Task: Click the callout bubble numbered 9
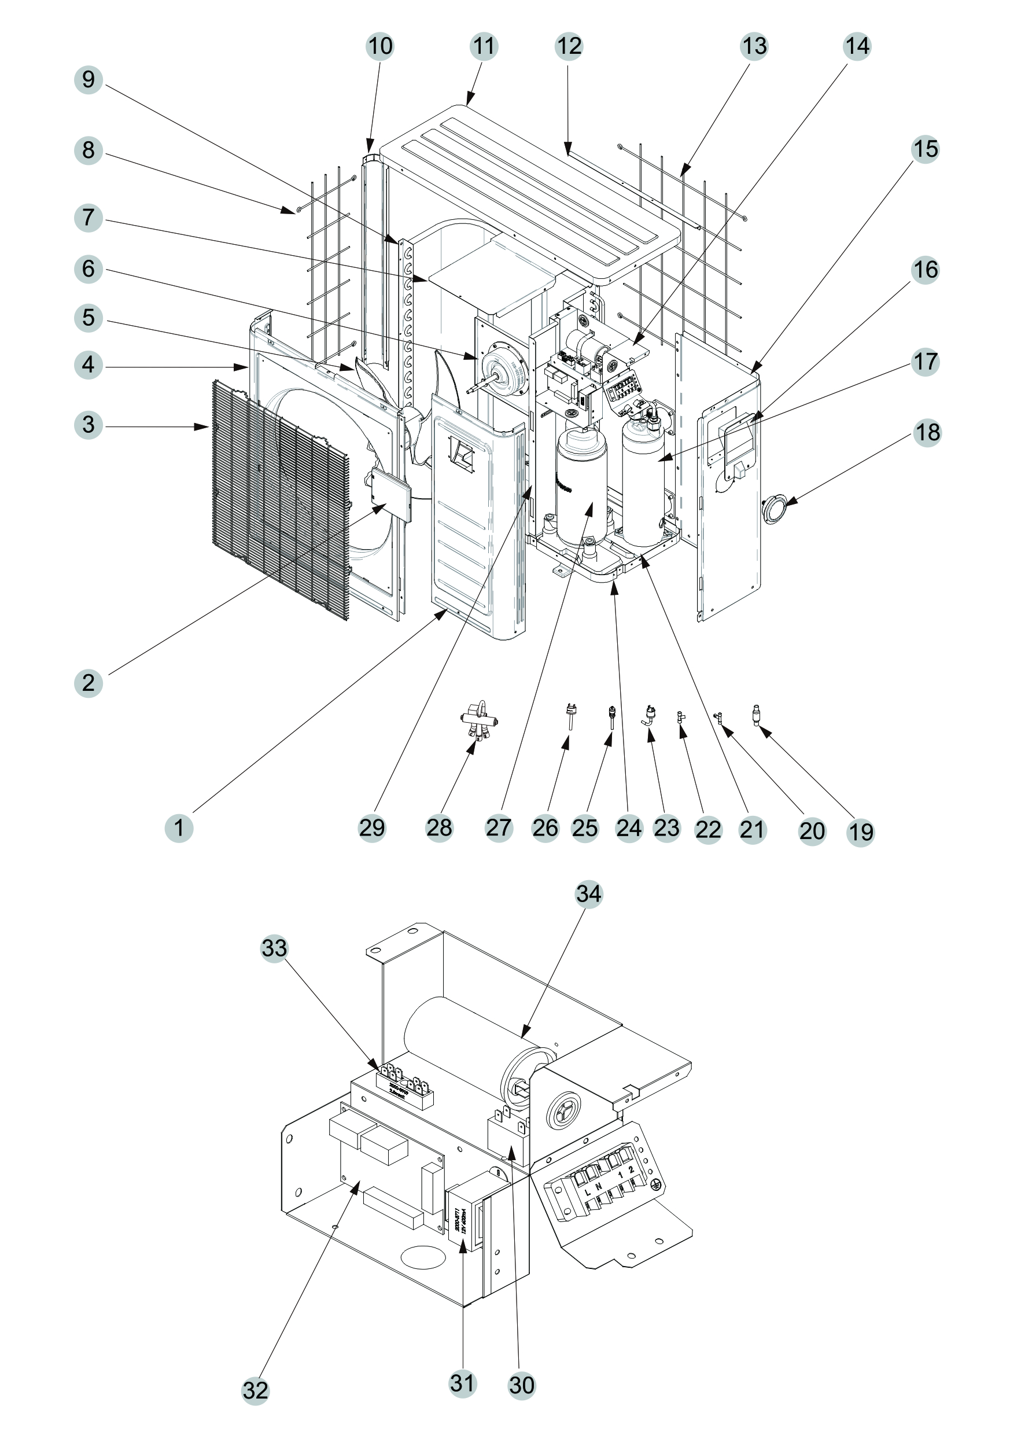(88, 80)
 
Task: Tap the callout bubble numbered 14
(856, 46)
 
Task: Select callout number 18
(927, 432)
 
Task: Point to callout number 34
(588, 894)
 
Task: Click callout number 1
(179, 828)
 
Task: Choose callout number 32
(255, 1390)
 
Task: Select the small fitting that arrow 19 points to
(758, 715)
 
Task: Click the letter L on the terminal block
(588, 1193)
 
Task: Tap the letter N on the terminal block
(599, 1186)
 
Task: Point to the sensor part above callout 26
(570, 716)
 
